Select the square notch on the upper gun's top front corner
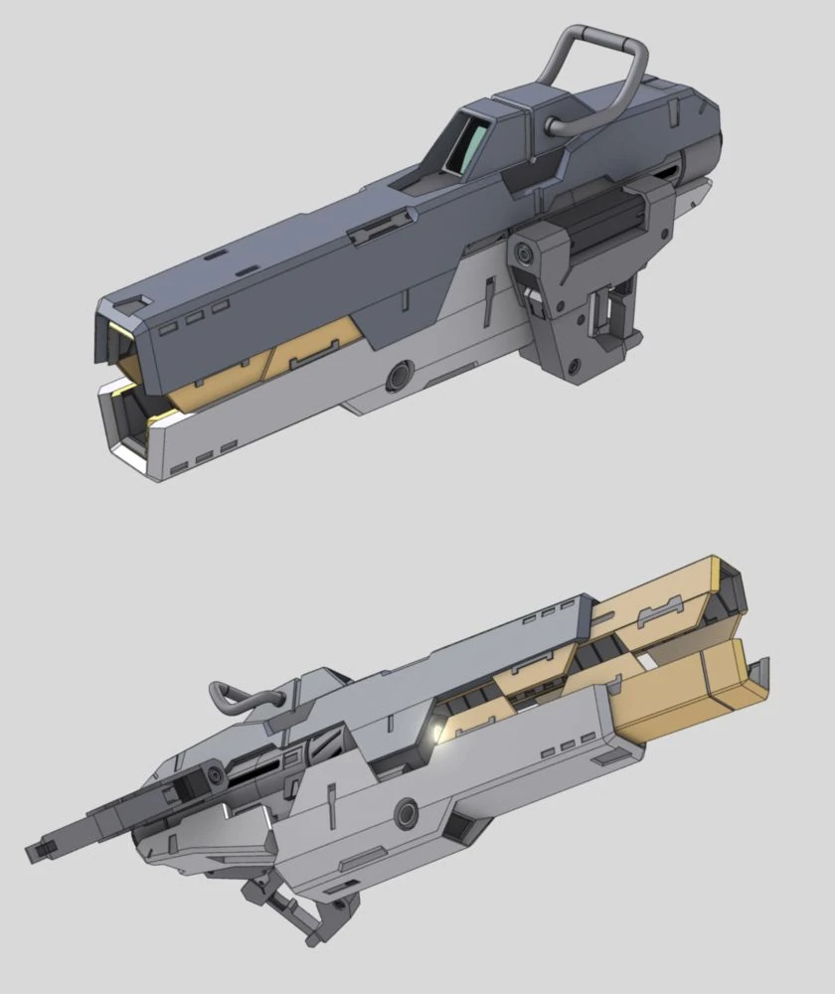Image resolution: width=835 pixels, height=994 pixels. [140, 302]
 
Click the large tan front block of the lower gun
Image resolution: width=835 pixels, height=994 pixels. [686, 686]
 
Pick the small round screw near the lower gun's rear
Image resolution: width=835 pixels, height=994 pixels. [216, 774]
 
